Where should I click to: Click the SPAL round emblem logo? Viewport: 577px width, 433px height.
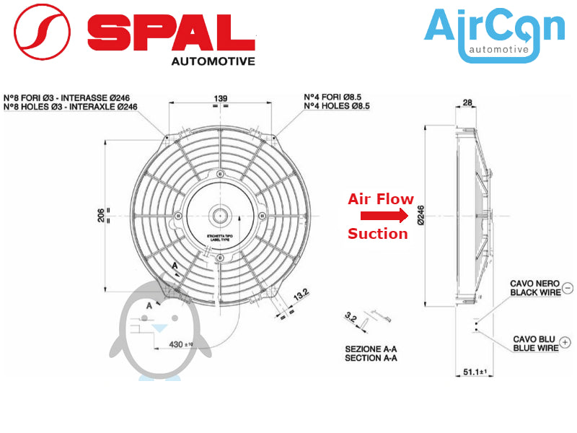[x=43, y=32]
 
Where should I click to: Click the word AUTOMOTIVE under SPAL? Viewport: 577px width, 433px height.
[x=213, y=61]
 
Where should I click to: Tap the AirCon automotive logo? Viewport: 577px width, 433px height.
[x=494, y=34]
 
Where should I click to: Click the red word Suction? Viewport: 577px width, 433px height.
[x=377, y=234]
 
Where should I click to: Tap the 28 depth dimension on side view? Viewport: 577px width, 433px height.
[x=467, y=103]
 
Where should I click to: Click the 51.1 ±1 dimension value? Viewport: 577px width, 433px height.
[x=474, y=372]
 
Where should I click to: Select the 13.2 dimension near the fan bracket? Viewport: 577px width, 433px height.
[x=301, y=294]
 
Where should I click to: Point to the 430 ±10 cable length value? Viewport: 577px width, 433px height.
[x=180, y=344]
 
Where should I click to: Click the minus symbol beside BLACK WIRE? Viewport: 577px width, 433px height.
[x=567, y=288]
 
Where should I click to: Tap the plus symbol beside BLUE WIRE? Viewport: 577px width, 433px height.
[x=565, y=343]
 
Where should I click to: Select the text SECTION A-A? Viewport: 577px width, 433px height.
[x=371, y=358]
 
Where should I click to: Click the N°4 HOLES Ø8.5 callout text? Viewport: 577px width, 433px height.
[x=337, y=106]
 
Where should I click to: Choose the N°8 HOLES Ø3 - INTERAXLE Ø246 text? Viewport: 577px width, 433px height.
[x=71, y=107]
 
